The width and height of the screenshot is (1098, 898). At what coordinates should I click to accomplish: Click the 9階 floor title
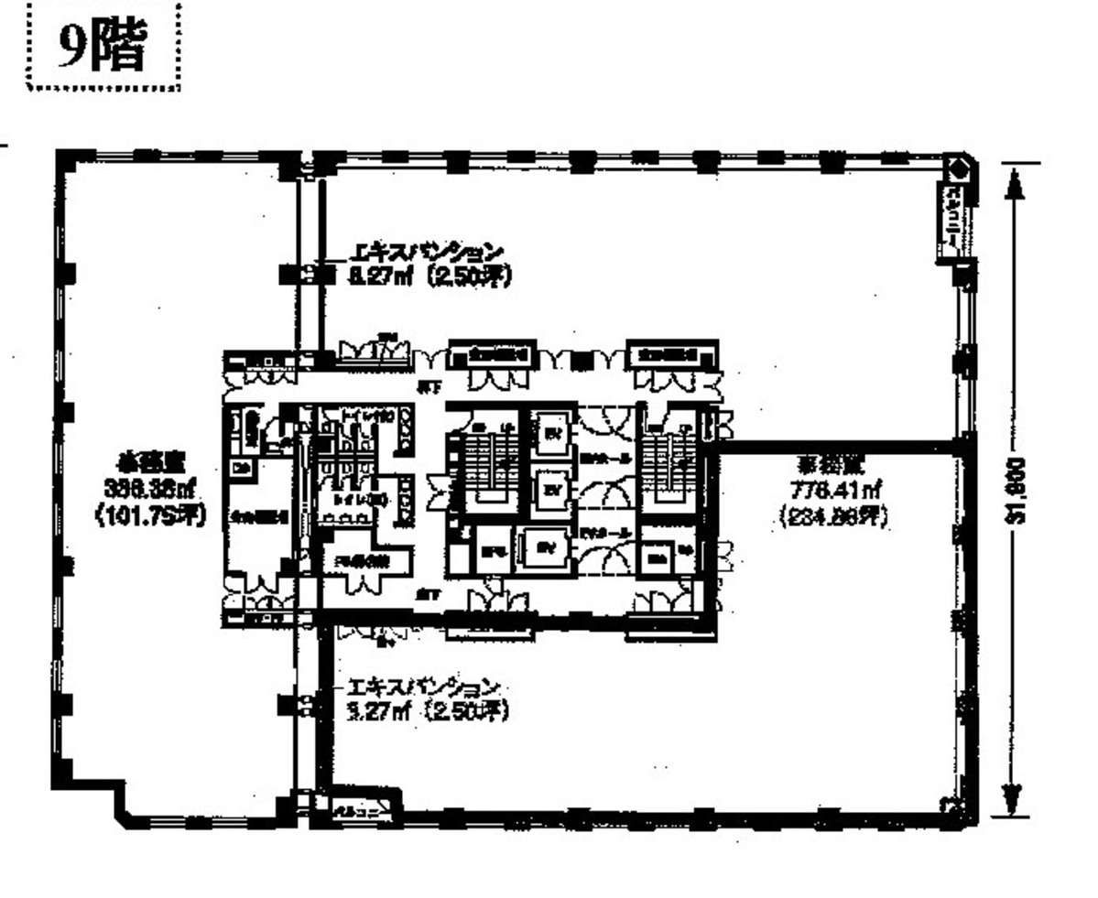pyautogui.click(x=102, y=47)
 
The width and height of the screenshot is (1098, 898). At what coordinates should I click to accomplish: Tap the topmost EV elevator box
pyautogui.click(x=551, y=432)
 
